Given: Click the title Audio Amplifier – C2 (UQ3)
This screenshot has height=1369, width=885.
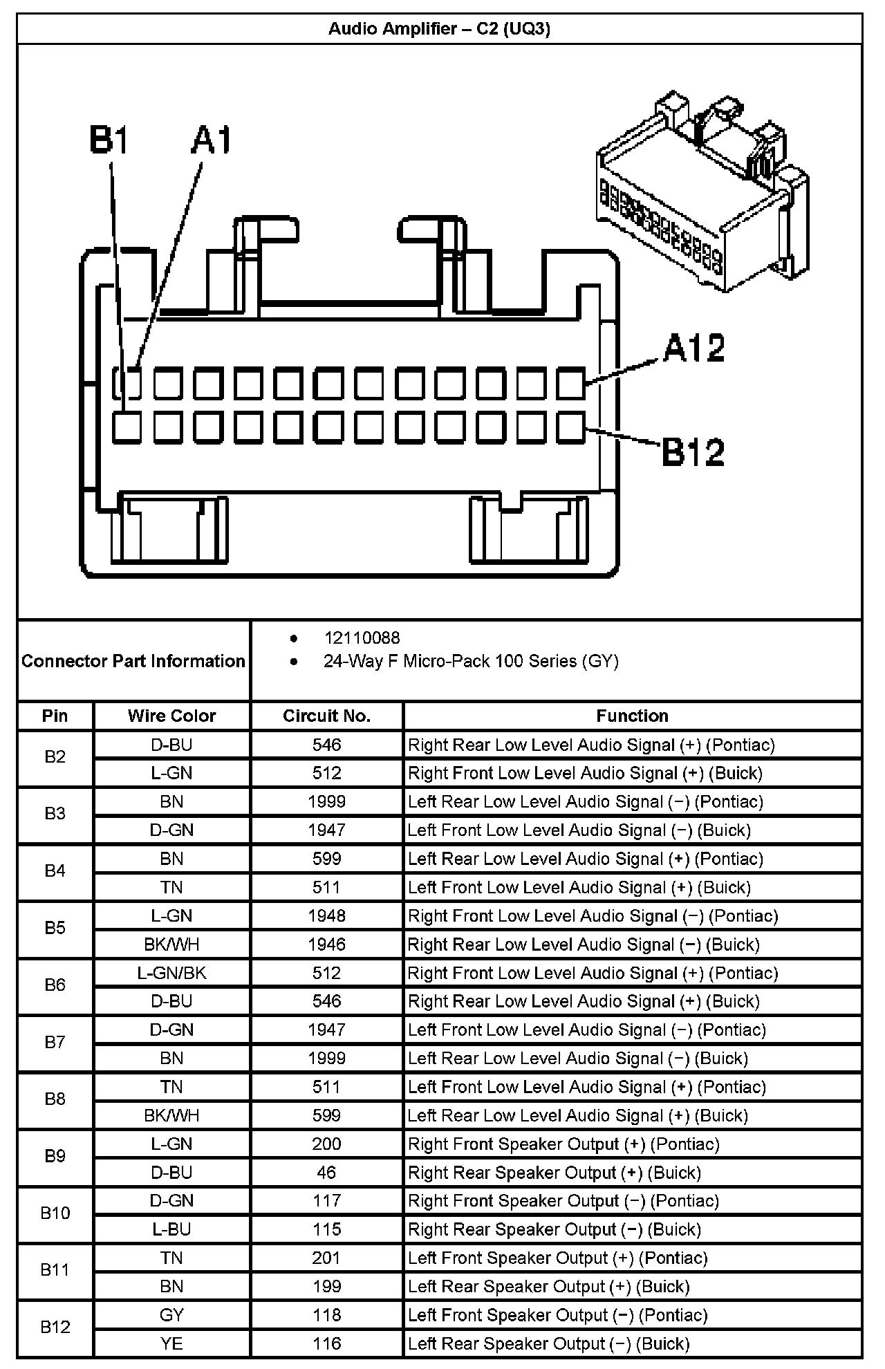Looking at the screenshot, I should point(439,29).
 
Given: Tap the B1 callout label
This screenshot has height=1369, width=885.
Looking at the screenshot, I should point(109,140).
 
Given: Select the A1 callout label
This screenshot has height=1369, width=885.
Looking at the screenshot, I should point(212,140).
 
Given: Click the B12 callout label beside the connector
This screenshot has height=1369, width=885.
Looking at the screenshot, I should point(693,452).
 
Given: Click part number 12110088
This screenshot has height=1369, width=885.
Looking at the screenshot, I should point(362,638).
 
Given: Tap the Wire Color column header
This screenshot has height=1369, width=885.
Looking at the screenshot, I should point(171,716).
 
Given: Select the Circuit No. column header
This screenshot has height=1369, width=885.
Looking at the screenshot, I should point(326,716).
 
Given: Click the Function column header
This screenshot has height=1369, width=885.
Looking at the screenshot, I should point(632,716).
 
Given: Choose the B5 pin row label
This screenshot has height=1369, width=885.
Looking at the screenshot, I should point(55,928).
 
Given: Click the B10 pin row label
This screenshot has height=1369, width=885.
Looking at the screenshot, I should point(55,1213).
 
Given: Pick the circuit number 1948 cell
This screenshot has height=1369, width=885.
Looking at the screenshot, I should point(326,916).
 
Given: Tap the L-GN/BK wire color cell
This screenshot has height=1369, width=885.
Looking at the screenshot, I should point(171,973).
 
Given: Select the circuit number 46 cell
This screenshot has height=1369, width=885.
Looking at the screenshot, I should point(326,1173).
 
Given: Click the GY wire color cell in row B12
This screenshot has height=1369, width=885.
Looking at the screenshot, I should point(171,1315).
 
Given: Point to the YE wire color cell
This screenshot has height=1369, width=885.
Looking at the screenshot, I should point(171,1343).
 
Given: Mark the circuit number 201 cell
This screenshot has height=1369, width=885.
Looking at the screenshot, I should point(326,1258).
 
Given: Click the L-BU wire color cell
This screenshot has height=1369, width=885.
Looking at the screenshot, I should point(171,1229).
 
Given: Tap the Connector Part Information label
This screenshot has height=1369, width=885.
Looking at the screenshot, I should point(133,661).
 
